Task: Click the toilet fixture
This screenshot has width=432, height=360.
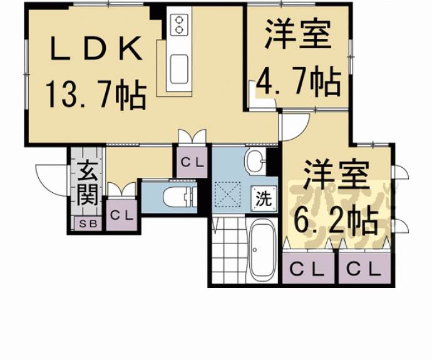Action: tap(178, 197)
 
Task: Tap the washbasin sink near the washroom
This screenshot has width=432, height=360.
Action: tap(255, 162)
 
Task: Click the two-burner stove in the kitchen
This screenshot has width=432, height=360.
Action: tap(180, 24)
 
